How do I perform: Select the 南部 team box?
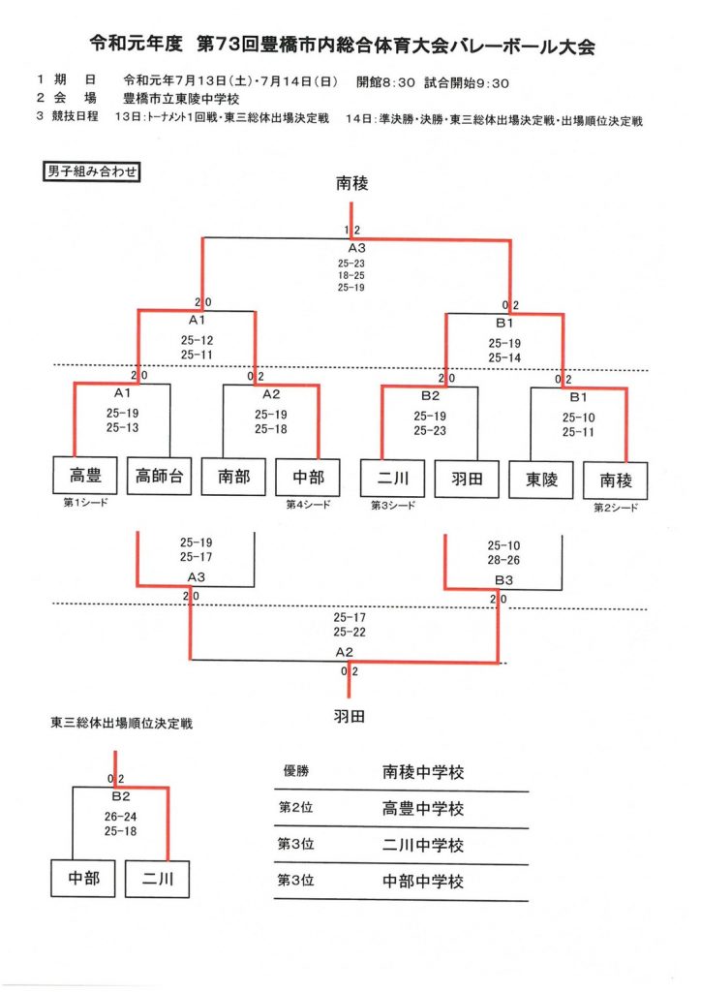(x=233, y=477)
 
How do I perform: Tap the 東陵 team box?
(x=540, y=478)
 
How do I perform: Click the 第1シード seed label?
(x=76, y=504)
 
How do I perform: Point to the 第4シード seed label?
(x=307, y=505)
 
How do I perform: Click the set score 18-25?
(x=351, y=275)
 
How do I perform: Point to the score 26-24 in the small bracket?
(x=122, y=817)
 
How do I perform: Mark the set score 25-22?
(x=350, y=632)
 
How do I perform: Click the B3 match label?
(x=503, y=579)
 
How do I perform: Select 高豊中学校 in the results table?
(x=423, y=809)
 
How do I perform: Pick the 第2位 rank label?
(x=295, y=808)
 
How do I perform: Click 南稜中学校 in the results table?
(x=423, y=773)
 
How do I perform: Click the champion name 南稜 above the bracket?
(x=351, y=183)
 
